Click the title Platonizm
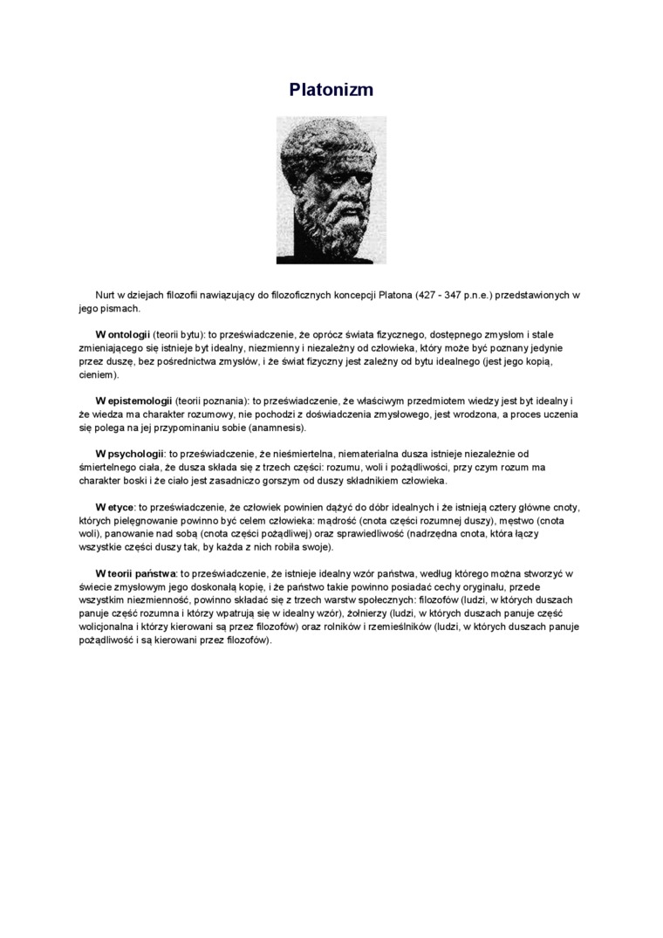click(x=331, y=90)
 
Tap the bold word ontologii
click(x=129, y=334)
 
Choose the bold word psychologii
click(x=135, y=454)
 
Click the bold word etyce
click(x=120, y=507)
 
